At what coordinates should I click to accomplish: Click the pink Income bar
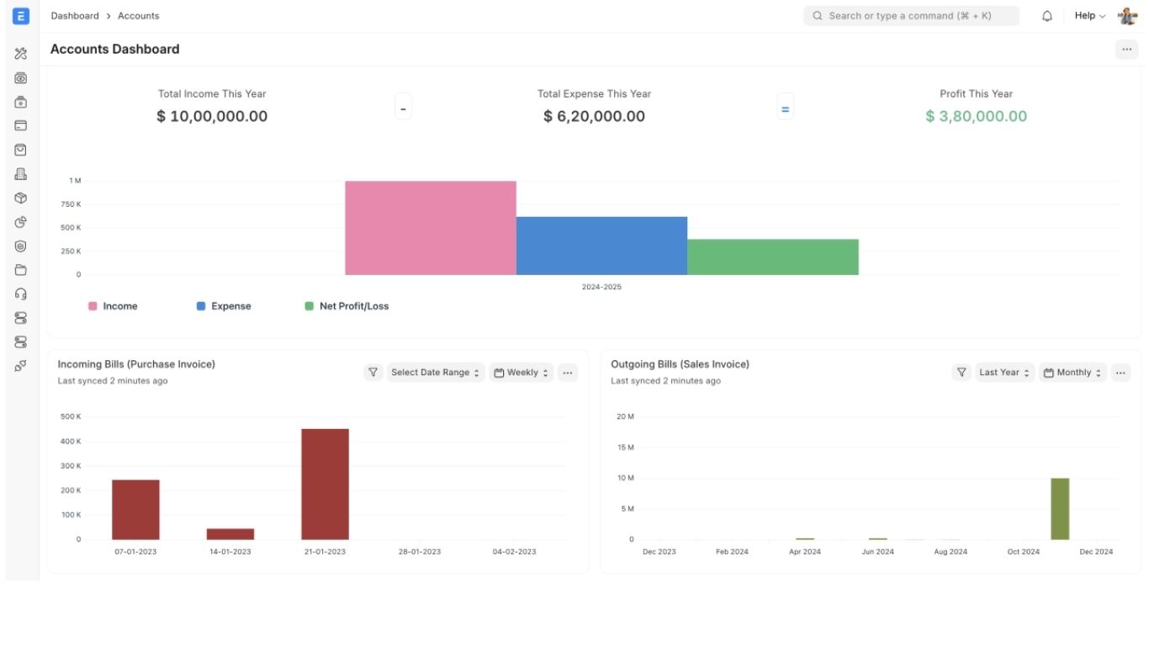[x=430, y=228]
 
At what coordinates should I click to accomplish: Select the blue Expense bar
[x=601, y=246]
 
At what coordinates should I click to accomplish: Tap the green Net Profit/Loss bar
[x=772, y=257]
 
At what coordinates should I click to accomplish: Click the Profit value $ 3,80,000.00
[x=976, y=116]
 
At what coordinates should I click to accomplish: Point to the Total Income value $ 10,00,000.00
[x=212, y=116]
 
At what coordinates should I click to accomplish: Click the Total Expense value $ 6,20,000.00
[x=594, y=116]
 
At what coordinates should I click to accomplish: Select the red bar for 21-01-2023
[x=325, y=484]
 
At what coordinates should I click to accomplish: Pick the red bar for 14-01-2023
[x=230, y=534]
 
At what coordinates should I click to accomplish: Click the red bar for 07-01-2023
[x=135, y=510]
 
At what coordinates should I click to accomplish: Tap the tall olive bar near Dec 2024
[x=1060, y=509]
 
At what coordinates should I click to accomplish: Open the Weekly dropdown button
[x=522, y=373]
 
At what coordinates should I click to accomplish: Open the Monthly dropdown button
[x=1072, y=373]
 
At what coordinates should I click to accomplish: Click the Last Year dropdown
[x=1004, y=373]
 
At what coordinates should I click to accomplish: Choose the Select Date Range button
[x=436, y=373]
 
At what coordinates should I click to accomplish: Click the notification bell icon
[x=1047, y=16]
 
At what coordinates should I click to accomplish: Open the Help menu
[x=1089, y=16]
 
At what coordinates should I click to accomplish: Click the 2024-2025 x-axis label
[x=601, y=287]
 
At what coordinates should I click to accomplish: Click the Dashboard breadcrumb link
[x=75, y=16]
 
